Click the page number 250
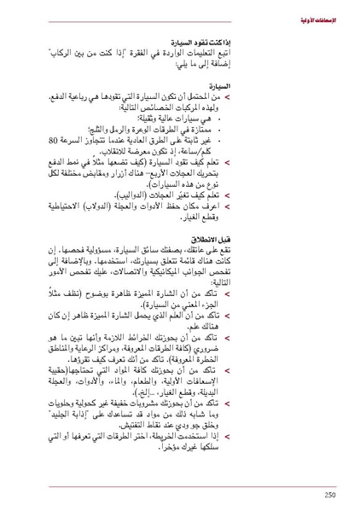(330, 492)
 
